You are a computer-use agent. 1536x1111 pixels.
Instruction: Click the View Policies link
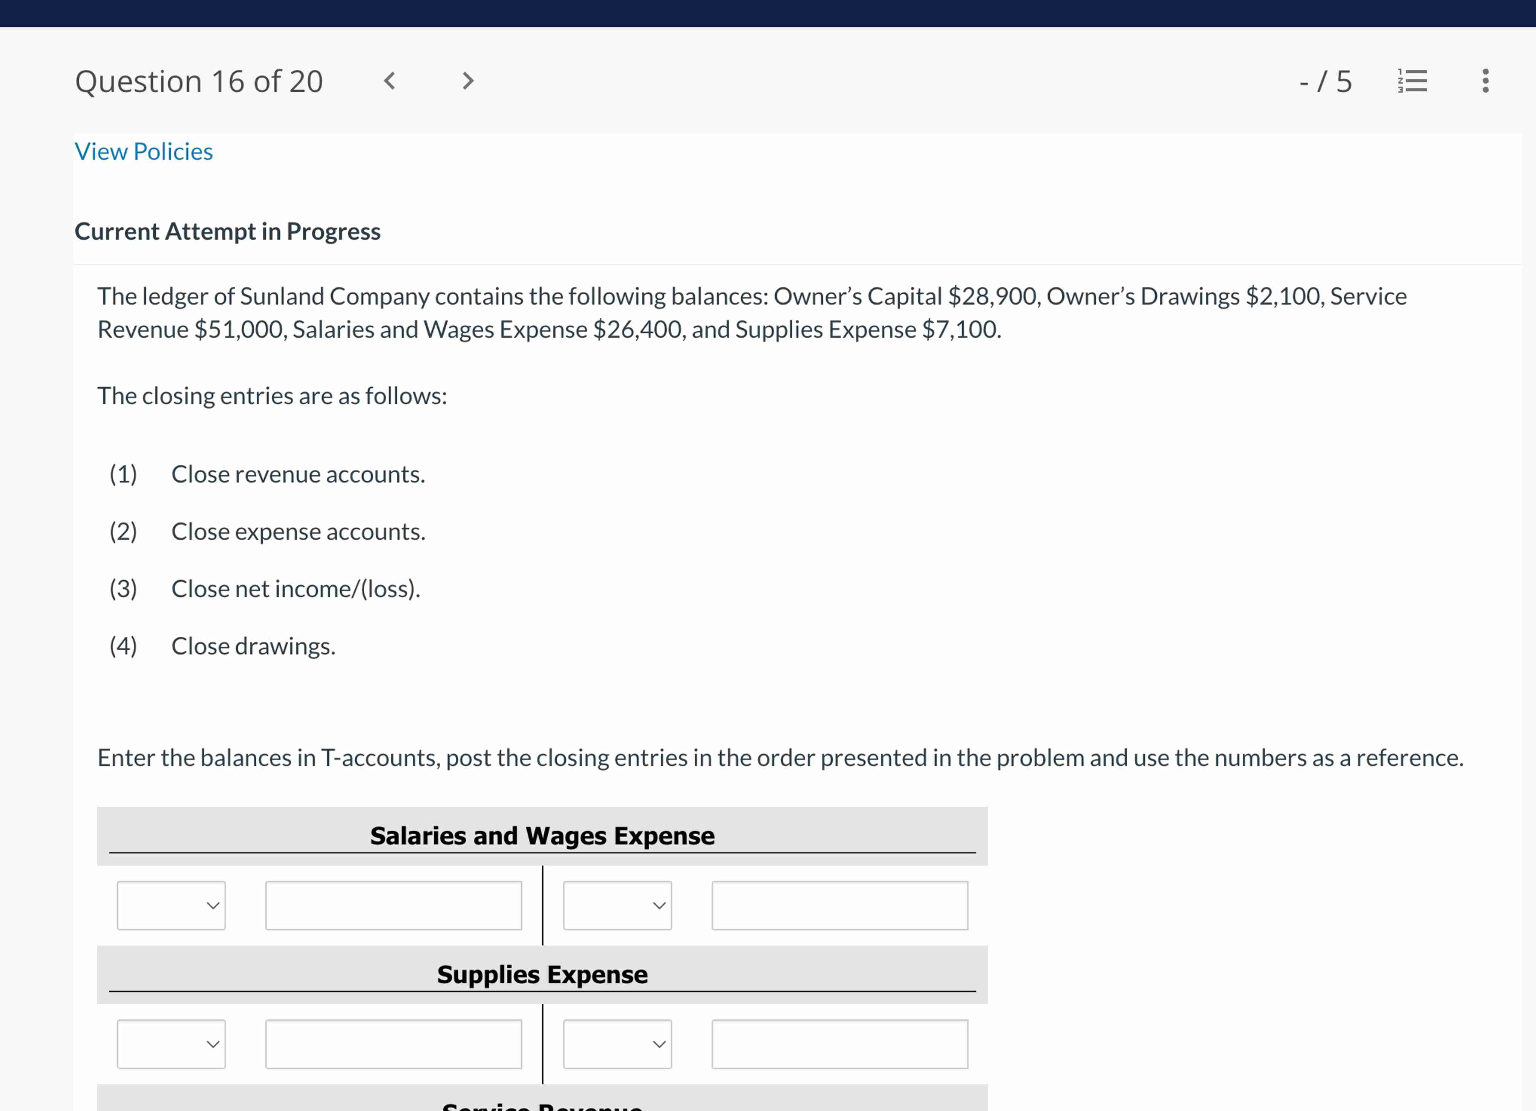click(144, 152)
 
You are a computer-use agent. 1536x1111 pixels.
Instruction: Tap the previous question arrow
click(389, 81)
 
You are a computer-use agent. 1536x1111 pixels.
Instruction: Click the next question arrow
click(467, 81)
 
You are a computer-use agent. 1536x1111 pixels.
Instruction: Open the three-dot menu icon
click(1485, 81)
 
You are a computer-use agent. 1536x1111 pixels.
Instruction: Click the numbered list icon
click(1413, 81)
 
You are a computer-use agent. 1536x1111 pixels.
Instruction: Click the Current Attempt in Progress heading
click(228, 232)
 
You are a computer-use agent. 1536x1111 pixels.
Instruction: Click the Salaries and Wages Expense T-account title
click(542, 836)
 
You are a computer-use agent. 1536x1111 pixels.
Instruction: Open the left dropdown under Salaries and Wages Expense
click(172, 906)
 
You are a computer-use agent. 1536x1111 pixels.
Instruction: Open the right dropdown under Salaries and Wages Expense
click(617, 906)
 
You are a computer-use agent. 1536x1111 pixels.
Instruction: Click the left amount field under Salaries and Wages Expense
click(394, 906)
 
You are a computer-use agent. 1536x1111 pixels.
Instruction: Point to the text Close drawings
click(253, 646)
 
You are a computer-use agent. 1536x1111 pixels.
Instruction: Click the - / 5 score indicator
click(1325, 82)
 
